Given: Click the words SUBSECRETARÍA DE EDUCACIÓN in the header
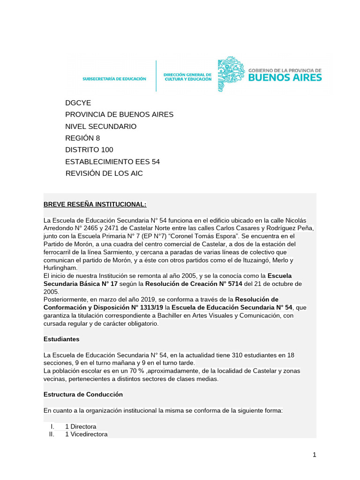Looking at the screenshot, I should pos(114,79).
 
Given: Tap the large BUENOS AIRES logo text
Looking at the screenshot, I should pos(285,77).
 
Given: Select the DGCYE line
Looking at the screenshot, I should pos(78,103).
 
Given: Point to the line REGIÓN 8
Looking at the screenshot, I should pos(82,138).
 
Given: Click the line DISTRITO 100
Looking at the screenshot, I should pos(89,150).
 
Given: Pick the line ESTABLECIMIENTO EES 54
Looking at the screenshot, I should pos(112,161).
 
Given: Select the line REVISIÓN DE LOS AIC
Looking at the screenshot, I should pos(104,173).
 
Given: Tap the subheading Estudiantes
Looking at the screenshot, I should pos(61,338).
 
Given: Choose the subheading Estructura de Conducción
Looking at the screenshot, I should pos(83,394).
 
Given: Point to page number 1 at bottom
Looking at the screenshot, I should pos(315,455).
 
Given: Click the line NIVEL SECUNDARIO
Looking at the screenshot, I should pos(101,126).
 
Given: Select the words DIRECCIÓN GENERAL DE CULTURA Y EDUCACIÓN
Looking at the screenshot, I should pos(187,76).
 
